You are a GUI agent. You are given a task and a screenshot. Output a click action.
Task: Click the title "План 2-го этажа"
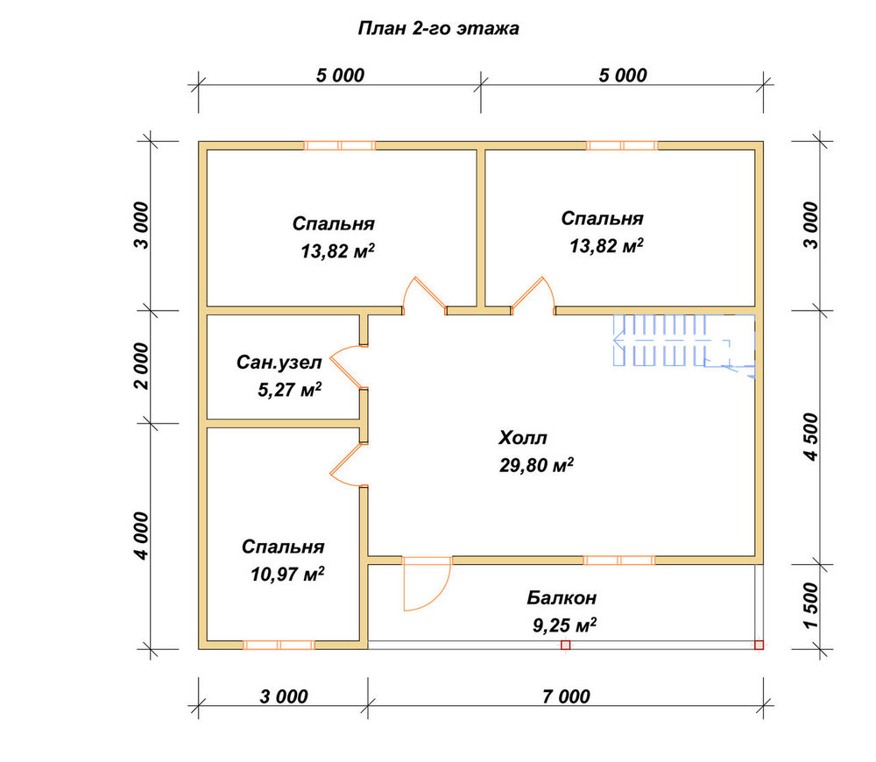(439, 28)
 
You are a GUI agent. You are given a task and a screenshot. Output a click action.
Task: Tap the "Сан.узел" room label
(279, 362)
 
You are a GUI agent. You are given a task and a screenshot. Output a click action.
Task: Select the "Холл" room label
(522, 437)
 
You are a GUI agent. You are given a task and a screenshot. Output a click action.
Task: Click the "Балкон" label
(562, 597)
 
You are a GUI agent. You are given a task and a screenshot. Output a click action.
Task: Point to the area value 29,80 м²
(536, 465)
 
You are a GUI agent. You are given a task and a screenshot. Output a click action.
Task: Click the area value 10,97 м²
(287, 574)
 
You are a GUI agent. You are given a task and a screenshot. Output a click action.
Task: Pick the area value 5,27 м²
(289, 390)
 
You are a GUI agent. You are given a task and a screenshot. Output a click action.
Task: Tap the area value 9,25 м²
(564, 625)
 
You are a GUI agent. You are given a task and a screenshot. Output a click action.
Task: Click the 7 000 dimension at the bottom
(566, 696)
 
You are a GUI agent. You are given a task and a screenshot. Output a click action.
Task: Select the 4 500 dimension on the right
(811, 437)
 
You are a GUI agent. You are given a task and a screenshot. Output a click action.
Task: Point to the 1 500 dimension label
(811, 605)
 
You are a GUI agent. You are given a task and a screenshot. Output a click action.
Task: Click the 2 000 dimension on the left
(142, 366)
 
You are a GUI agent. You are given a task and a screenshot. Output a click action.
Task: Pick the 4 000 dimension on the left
(142, 536)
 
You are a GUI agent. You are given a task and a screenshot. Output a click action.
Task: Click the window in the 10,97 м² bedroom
(279, 645)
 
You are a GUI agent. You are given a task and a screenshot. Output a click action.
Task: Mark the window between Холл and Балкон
(619, 561)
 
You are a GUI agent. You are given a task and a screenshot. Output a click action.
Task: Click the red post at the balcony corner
(759, 645)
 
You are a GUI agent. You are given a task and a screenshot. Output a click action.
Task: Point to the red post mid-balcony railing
(565, 645)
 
